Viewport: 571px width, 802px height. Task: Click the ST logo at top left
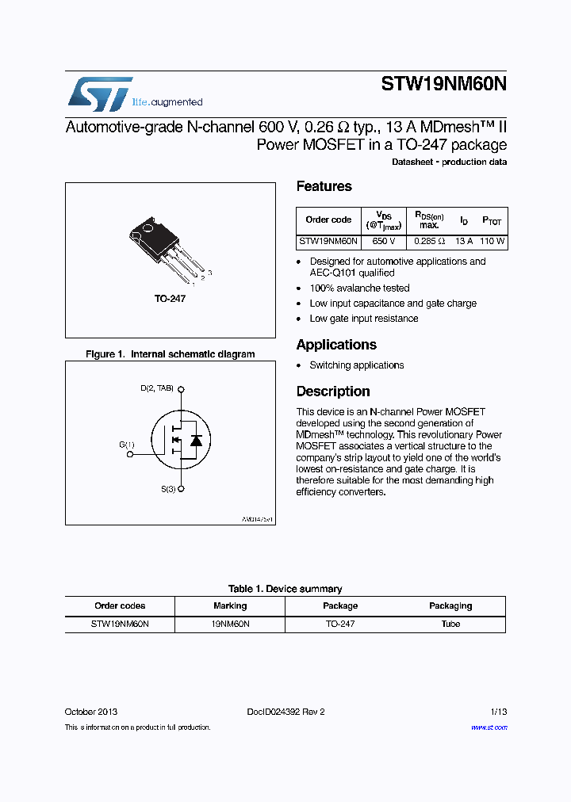[99, 94]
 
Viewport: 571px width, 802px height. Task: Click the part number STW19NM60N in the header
[443, 85]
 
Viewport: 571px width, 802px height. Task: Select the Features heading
[324, 187]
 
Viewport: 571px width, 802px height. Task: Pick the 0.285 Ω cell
[429, 241]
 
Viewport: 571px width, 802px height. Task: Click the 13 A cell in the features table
[464, 241]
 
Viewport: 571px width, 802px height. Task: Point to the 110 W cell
[492, 241]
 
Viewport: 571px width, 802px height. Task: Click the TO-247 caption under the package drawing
[170, 299]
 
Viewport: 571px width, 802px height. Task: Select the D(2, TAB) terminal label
[157, 388]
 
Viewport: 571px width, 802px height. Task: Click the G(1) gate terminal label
[127, 445]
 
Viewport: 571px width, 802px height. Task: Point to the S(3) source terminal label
[168, 490]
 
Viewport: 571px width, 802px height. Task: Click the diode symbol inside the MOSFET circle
[196, 440]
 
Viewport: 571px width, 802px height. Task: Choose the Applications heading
[336, 345]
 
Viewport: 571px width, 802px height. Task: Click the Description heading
[333, 391]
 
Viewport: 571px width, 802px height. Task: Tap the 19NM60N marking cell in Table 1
[230, 624]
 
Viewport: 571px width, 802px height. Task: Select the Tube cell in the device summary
[450, 624]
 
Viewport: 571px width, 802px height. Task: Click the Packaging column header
[450, 606]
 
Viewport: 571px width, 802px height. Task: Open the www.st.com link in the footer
[489, 728]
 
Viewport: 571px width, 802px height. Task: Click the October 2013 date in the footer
[91, 712]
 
